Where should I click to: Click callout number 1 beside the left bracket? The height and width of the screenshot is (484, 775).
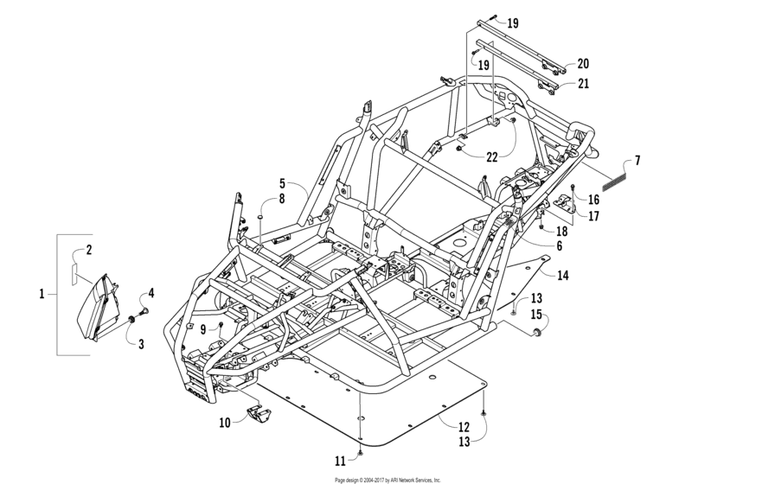click(42, 295)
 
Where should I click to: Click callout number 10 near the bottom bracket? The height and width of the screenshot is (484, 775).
click(224, 423)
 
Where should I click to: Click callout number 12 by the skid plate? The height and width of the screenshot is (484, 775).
click(464, 426)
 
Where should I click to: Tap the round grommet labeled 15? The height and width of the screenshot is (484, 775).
click(539, 333)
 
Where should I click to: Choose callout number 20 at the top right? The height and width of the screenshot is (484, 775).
click(583, 64)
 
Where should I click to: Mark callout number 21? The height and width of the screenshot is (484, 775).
click(583, 83)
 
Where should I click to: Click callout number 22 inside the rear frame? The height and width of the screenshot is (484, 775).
click(490, 156)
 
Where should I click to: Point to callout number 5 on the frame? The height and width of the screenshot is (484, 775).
click(282, 183)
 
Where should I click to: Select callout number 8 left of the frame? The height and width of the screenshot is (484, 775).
click(282, 200)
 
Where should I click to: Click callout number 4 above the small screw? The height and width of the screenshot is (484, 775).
click(151, 293)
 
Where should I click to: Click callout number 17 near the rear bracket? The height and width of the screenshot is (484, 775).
click(593, 216)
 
